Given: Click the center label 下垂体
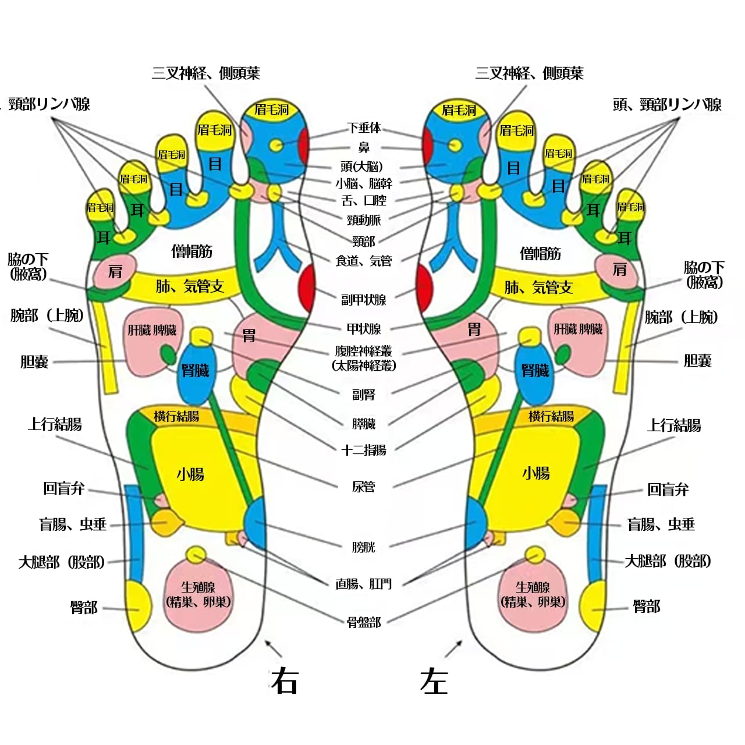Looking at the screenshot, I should point(364,128).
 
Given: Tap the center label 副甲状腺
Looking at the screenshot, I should point(364,300).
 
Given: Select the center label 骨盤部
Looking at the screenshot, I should point(364,622).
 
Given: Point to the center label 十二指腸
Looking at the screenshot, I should point(364,450).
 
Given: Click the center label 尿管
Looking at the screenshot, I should point(364,487).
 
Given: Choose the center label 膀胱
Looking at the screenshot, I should point(364,547).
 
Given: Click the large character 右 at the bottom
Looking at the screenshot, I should point(285,681).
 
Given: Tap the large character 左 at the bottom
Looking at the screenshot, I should point(434,681).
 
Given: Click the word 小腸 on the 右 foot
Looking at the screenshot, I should point(191,474).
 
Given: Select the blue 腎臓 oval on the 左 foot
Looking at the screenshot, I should point(535,372).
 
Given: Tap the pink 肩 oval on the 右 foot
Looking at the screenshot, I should point(115,272).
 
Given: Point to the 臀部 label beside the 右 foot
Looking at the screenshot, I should point(84,608).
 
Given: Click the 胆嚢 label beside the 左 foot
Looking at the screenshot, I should point(697,361).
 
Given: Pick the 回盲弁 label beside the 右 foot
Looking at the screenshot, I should point(64,488).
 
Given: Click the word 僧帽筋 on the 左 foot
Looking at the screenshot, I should point(540,253).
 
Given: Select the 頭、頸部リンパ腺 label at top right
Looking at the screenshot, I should point(667,105).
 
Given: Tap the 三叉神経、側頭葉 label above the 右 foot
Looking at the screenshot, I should point(206,73).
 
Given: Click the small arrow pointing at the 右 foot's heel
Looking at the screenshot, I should point(274,648).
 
